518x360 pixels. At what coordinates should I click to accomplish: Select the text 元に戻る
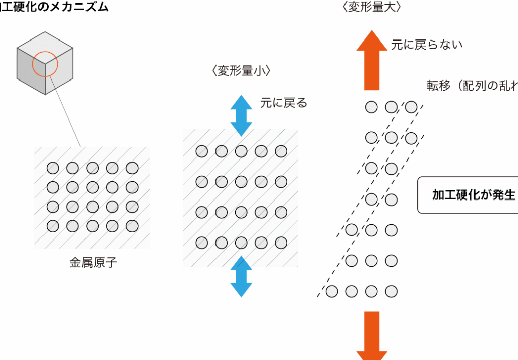[283, 103]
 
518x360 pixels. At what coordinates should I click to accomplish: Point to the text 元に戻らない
[426, 45]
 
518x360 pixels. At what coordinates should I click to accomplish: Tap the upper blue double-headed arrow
[241, 115]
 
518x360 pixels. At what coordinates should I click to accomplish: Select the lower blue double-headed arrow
[241, 276]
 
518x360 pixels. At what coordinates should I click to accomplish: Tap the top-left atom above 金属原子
[53, 168]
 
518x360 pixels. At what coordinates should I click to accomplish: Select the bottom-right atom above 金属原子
[132, 226]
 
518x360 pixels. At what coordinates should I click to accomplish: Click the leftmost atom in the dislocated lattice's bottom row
[332, 291]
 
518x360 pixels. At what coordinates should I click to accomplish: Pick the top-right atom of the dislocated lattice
[411, 107]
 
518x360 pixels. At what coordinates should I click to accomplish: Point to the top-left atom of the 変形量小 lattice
[201, 151]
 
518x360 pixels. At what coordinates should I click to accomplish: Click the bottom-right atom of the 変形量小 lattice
[281, 243]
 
